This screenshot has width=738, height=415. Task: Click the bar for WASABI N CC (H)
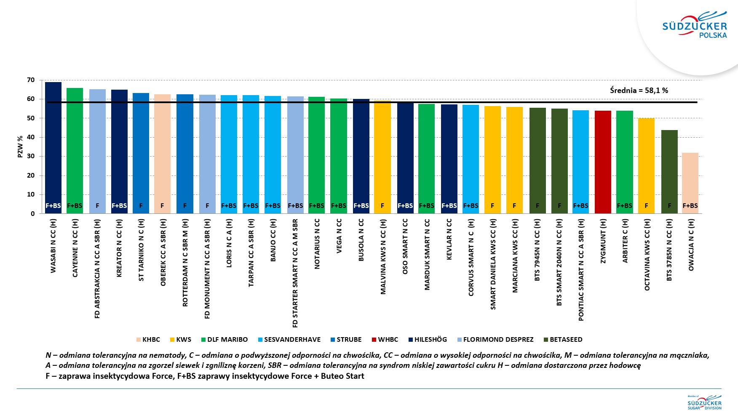[x=53, y=148]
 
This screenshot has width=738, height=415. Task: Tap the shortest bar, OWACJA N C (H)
[x=690, y=183]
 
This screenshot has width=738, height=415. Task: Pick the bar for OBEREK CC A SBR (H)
[x=162, y=154]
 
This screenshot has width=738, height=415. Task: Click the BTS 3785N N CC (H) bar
[x=669, y=172]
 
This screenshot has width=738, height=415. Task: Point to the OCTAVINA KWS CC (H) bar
[x=646, y=166]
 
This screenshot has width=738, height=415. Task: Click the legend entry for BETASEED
[x=563, y=340]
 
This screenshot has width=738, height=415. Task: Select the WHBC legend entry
[x=385, y=340]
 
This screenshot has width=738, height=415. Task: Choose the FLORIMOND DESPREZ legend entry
[x=495, y=340]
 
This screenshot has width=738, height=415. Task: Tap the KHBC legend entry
[x=148, y=340]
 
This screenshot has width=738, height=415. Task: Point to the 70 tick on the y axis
[x=31, y=80]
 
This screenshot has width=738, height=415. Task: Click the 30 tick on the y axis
[x=31, y=156]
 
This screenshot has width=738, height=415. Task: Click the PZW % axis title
[x=20, y=146]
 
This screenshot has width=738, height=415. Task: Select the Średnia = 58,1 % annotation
[x=639, y=90]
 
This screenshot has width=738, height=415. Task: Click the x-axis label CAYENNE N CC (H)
[x=75, y=248]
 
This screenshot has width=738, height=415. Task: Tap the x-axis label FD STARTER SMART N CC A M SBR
[x=295, y=273]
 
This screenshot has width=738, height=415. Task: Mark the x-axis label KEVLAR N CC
[x=449, y=239]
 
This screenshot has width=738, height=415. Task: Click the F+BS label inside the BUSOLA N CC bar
[x=361, y=206]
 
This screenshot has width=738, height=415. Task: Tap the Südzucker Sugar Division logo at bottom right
[x=704, y=402]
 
